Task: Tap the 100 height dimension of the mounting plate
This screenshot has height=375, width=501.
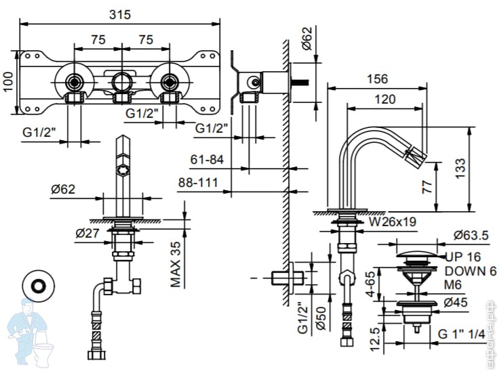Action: (x=8, y=83)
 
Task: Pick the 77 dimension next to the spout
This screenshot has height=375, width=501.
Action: (x=426, y=187)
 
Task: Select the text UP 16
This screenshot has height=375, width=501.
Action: (x=464, y=257)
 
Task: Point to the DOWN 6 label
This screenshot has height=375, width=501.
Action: (x=470, y=271)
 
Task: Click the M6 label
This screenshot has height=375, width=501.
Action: (x=454, y=284)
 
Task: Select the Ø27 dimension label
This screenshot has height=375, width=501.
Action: (x=88, y=233)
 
